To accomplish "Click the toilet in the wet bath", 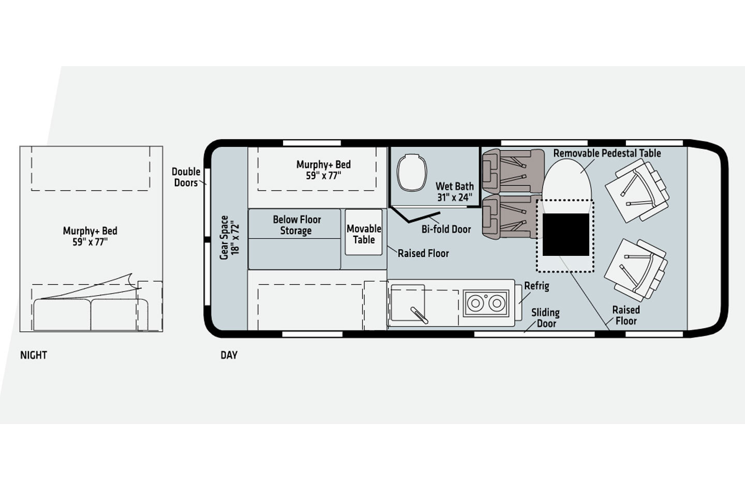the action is (x=412, y=173).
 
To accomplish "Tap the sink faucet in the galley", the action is (x=419, y=315).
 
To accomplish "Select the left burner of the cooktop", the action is (x=475, y=303).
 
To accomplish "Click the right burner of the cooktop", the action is (x=497, y=303).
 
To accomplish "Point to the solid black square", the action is (x=566, y=235).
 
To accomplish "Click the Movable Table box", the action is (x=364, y=232).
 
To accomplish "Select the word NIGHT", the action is (x=34, y=355).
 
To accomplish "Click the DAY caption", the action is (x=229, y=355).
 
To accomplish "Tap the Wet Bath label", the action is (x=454, y=192).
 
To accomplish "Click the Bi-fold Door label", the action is (x=446, y=229).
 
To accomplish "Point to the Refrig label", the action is (x=537, y=286).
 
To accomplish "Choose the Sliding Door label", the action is (x=545, y=318).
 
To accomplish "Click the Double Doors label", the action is (x=186, y=177).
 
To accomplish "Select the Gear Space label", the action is (x=229, y=237).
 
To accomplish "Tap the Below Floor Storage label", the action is (x=296, y=225).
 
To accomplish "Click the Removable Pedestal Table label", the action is (x=607, y=153).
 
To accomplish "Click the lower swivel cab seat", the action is (x=636, y=270).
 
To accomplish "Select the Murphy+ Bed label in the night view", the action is (x=90, y=236).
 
